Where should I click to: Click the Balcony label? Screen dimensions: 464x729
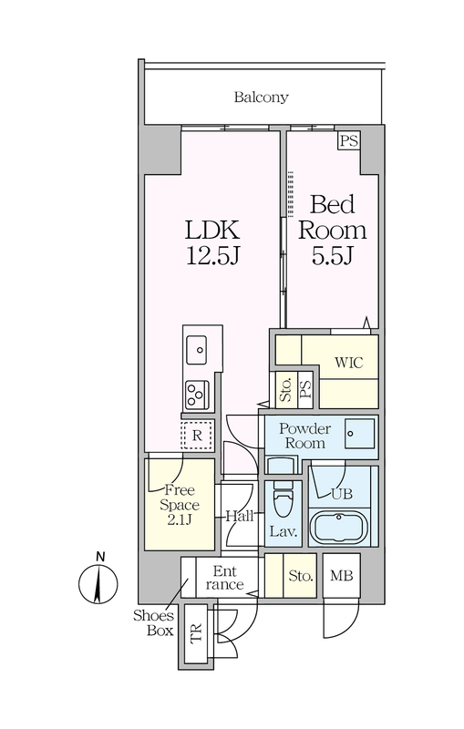(x=261, y=98)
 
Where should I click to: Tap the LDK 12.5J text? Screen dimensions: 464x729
(x=212, y=242)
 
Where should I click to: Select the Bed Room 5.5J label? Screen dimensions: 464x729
(x=332, y=230)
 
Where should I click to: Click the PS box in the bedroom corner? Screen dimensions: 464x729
(x=349, y=140)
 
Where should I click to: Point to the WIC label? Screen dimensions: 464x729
(x=349, y=362)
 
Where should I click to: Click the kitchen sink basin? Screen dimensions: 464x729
(x=197, y=350)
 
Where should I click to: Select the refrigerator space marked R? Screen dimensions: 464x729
(x=197, y=436)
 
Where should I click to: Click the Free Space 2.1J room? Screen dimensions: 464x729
(x=180, y=505)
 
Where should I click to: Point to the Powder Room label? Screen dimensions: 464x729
(x=304, y=436)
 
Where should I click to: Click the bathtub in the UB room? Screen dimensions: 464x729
(x=339, y=528)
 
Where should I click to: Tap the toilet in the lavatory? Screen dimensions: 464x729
(x=283, y=499)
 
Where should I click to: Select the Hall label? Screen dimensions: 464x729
(x=240, y=516)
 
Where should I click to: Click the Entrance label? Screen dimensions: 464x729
(x=225, y=578)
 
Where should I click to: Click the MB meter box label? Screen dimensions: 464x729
(x=342, y=576)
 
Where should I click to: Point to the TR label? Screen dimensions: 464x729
(x=197, y=633)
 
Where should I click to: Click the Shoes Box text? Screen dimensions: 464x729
(x=153, y=623)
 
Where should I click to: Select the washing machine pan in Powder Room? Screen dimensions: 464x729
(x=360, y=434)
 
